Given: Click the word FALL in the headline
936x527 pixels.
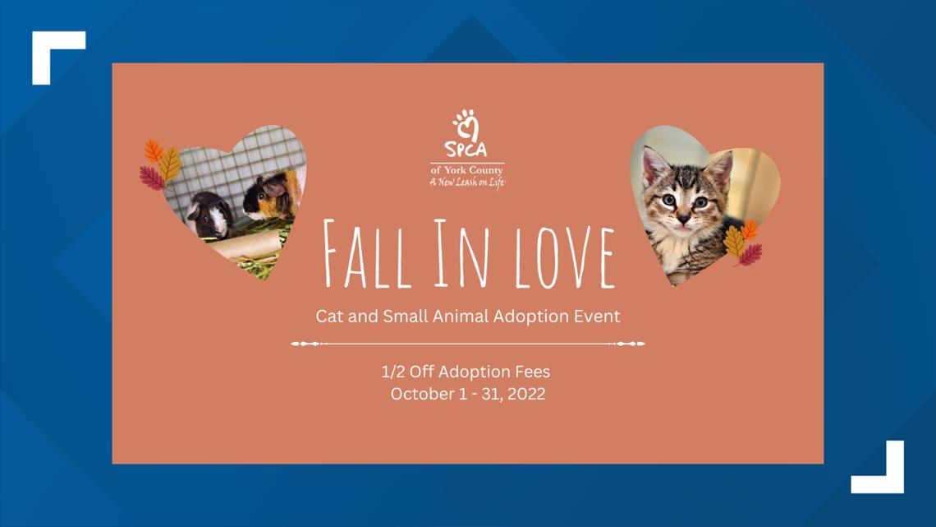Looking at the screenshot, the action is pyautogui.click(x=367, y=255).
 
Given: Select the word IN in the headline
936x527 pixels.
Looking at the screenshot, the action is pyautogui.click(x=461, y=253).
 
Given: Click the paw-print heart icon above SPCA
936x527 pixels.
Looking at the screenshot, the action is pyautogui.click(x=466, y=123).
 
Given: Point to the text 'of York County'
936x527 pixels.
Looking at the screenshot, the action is pyautogui.click(x=467, y=170).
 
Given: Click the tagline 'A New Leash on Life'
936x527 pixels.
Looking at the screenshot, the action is pyautogui.click(x=467, y=183).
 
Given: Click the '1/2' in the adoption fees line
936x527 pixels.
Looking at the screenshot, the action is pyautogui.click(x=393, y=372).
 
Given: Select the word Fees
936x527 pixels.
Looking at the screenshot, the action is pyautogui.click(x=531, y=372).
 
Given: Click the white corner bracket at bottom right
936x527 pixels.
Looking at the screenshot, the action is pyautogui.click(x=886, y=476).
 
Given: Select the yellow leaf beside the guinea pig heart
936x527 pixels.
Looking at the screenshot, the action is pyautogui.click(x=170, y=164).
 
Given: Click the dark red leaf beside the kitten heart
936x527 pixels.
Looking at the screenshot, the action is pyautogui.click(x=750, y=255).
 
